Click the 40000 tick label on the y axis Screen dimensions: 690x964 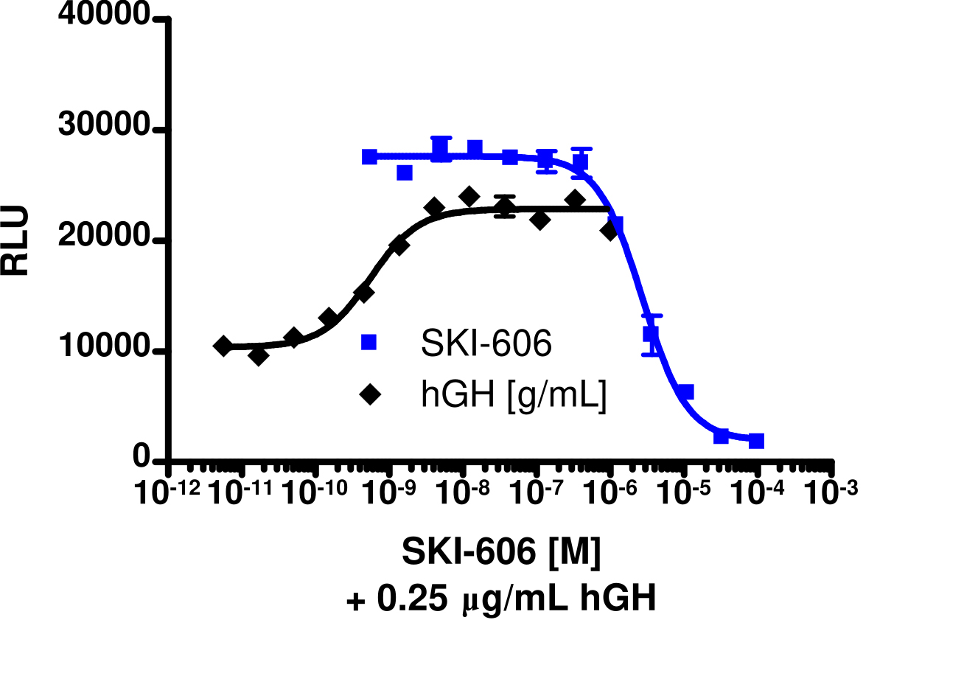click(105, 16)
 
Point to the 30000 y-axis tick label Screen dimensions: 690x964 click(105, 126)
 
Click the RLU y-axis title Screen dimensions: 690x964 click(16, 240)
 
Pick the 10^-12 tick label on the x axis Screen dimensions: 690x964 click(168, 492)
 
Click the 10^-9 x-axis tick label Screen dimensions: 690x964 click(389, 492)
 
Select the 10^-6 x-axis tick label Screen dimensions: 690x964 click(610, 492)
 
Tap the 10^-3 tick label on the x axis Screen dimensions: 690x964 click(831, 492)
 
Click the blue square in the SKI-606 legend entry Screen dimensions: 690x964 click(369, 342)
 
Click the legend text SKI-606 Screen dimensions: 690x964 click(486, 344)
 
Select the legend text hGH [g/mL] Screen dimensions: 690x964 click(514, 396)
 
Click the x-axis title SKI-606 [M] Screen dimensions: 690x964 click(501, 552)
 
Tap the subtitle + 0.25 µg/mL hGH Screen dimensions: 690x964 click(501, 599)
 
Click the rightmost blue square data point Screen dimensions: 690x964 click(756, 441)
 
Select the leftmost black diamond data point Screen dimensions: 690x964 click(223, 346)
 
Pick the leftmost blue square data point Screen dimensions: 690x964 click(370, 156)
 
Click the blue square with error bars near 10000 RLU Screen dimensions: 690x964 click(651, 334)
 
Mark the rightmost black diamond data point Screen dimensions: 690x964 click(610, 231)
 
